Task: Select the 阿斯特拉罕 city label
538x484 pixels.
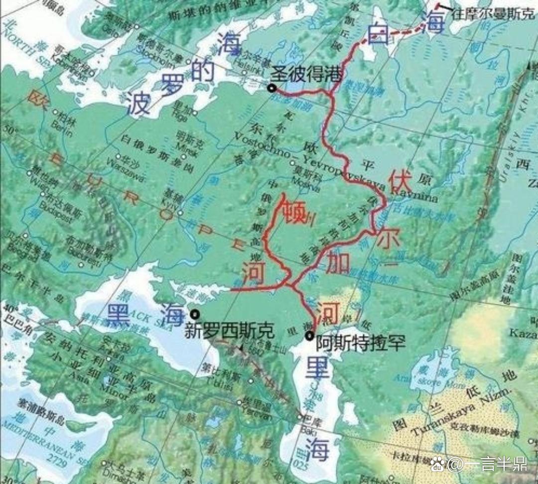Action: pyautogui.click(x=361, y=343)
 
